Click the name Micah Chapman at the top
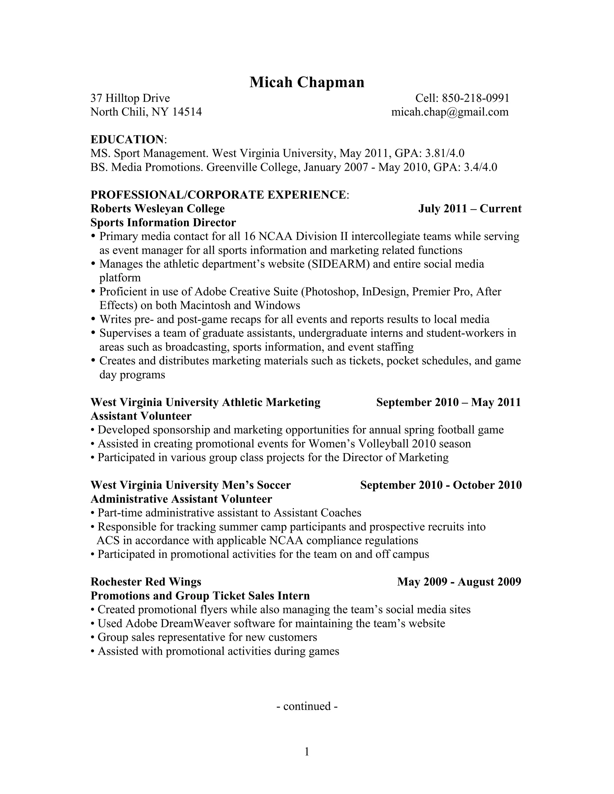pos(307,82)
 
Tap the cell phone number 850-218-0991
pos(475,98)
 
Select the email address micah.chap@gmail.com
pos(450,112)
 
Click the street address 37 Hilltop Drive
pos(130,98)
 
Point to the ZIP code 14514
pos(187,112)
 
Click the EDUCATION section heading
pos(127,139)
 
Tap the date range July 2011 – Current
pos(469,209)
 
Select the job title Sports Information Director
pos(163,223)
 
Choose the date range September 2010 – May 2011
pos(449,402)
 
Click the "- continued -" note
pos(307,706)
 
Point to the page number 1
pos(307,752)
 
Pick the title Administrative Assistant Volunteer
pos(181,499)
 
